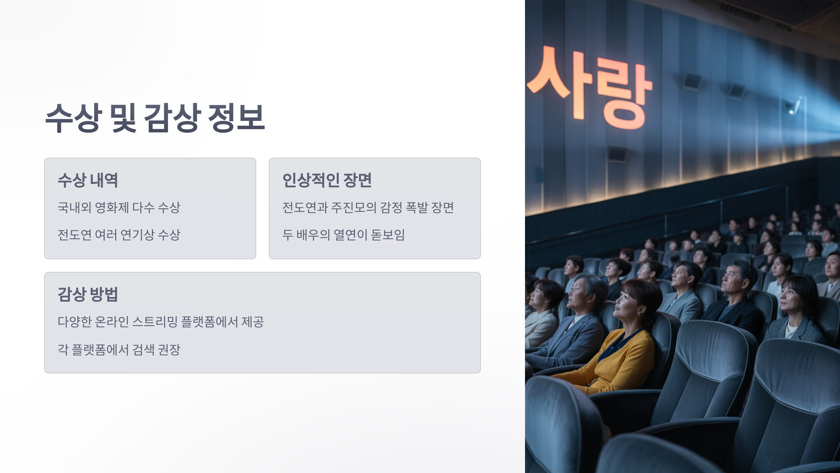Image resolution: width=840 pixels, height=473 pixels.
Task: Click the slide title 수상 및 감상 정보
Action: click(155, 118)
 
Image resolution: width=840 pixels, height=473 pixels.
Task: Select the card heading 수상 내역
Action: click(88, 180)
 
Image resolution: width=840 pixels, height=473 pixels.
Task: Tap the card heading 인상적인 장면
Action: click(327, 180)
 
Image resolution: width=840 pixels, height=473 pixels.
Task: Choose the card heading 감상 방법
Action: click(88, 294)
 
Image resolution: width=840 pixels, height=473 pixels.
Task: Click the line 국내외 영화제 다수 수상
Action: click(119, 207)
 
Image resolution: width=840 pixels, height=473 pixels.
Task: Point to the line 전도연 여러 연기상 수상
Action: click(119, 235)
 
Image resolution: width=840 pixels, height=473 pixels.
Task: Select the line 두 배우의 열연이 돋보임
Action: click(343, 235)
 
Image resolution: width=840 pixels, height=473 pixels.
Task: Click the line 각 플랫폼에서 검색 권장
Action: click(119, 349)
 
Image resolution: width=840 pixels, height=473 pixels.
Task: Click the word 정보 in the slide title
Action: click(236, 118)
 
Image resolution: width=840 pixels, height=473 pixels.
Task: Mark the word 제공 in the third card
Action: click(253, 322)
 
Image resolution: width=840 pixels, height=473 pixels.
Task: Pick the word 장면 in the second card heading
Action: click(357, 180)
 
